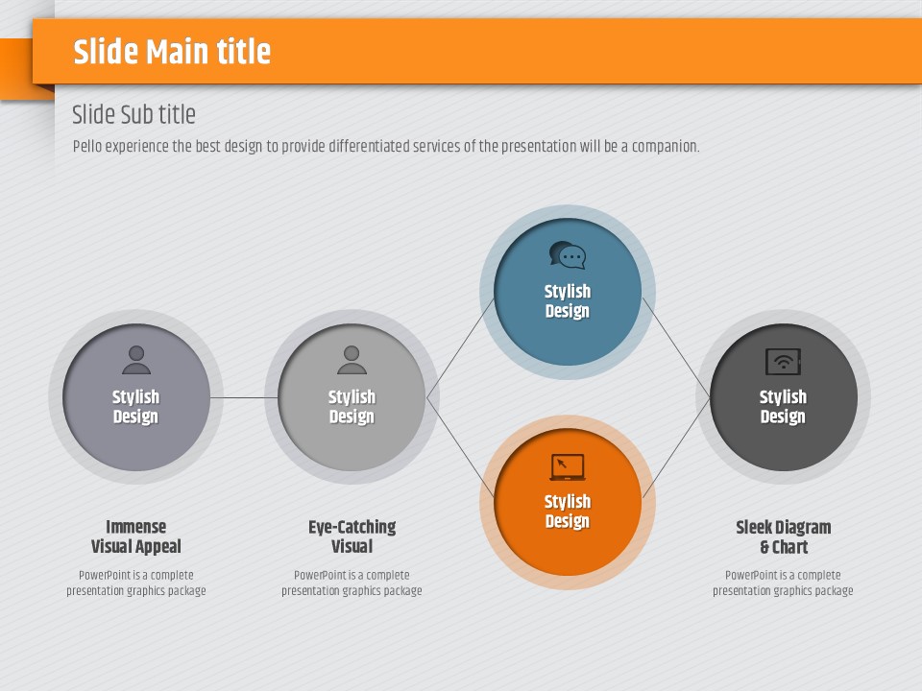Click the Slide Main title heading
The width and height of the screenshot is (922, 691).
[172, 51]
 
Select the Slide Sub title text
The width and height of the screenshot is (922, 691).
[133, 114]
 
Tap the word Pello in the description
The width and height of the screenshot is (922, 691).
[87, 146]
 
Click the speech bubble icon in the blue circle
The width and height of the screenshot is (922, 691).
[568, 255]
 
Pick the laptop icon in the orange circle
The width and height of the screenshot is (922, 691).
[568, 467]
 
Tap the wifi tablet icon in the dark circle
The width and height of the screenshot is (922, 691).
[784, 362]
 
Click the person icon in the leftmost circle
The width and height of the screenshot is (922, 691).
[136, 360]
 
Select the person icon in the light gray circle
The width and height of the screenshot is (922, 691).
[352, 360]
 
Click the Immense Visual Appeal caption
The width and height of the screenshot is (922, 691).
[135, 536]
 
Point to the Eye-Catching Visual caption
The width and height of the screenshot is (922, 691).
[352, 536]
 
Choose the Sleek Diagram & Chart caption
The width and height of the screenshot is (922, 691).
[784, 537]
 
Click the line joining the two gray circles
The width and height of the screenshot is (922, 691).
[244, 397]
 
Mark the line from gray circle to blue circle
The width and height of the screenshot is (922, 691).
[460, 348]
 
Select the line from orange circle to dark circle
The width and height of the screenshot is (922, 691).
[676, 448]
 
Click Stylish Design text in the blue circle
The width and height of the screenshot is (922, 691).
[568, 300]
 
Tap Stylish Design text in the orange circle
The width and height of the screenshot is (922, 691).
[568, 512]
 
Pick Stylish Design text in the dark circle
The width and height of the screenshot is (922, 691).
[784, 407]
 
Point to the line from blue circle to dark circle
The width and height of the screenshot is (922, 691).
[676, 348]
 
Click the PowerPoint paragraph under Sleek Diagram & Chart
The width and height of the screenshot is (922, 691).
[784, 583]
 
